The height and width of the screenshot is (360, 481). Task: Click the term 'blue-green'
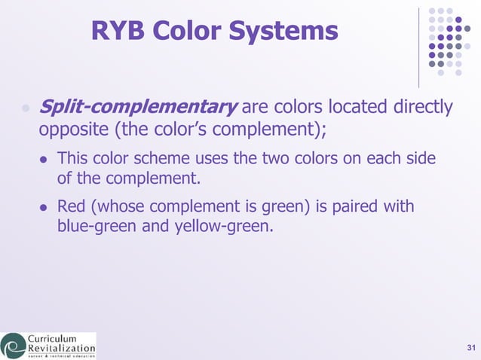(96, 225)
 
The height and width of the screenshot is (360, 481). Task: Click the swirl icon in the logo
(13, 346)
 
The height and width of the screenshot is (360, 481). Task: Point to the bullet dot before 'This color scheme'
(44, 160)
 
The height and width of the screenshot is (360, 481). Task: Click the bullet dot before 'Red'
(44, 206)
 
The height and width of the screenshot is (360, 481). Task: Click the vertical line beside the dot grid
(419, 47)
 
